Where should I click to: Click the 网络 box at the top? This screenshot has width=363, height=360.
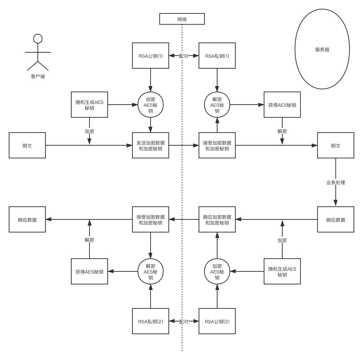point(182,19)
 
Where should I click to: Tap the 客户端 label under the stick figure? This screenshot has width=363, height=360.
point(38,77)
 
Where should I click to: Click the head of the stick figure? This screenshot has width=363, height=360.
point(37,39)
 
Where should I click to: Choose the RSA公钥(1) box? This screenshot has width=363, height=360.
point(151,56)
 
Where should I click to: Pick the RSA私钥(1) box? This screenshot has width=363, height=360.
point(217,56)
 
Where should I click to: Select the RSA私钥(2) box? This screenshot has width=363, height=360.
point(151,321)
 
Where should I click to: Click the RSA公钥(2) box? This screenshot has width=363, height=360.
point(217,321)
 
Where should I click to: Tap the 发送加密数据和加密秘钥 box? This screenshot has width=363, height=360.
point(151,146)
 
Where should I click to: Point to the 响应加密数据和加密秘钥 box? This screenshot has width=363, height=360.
point(217,220)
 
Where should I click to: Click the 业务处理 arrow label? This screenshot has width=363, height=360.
point(335,182)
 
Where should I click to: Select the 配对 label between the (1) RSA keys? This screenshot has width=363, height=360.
point(184,56)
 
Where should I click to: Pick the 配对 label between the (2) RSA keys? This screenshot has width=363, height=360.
point(184,321)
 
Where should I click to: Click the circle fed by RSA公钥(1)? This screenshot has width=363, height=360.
point(151,105)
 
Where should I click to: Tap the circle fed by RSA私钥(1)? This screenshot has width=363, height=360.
point(217,105)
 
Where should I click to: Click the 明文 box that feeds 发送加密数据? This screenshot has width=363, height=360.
point(27,146)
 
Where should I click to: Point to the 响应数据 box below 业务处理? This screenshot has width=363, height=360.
point(335,220)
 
